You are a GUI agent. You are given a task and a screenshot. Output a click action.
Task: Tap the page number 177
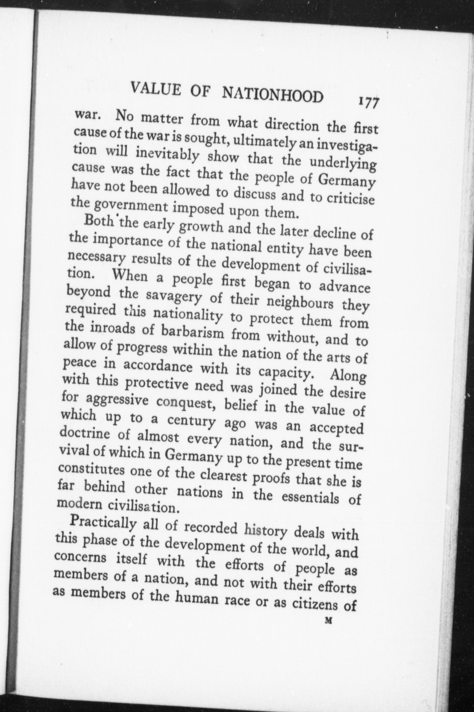point(367,102)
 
